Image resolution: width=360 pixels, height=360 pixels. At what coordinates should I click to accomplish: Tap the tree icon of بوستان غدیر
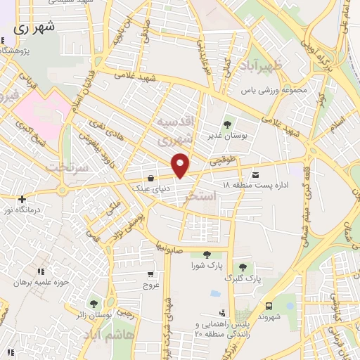226,124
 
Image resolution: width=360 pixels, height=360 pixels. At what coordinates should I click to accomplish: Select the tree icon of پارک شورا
206,255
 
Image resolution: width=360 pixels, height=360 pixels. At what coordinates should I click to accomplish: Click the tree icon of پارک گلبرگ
243,267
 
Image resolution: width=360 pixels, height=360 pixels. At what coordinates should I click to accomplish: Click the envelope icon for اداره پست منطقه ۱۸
255,174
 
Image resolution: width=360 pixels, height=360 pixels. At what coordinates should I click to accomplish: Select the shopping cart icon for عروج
150,275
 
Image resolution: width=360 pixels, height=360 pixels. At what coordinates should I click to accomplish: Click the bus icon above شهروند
269,305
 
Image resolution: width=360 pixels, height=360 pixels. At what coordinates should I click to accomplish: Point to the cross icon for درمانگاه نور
23,199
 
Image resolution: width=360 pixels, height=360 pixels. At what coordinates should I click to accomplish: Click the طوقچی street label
229,161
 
